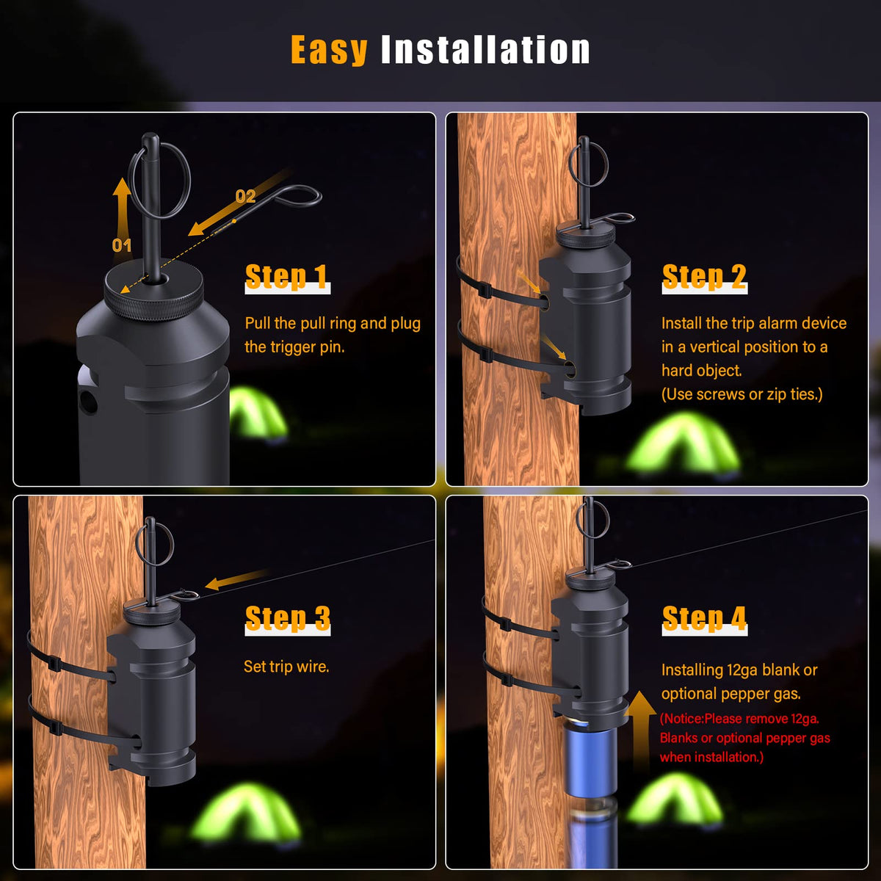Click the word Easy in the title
pyautogui.click(x=329, y=51)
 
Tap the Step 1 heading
pyautogui.click(x=287, y=277)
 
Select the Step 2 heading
pyautogui.click(x=705, y=277)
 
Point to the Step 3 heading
pyautogui.click(x=288, y=619)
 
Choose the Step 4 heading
pyautogui.click(x=705, y=619)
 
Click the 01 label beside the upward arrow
pyautogui.click(x=122, y=245)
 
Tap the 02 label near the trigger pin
pyautogui.click(x=245, y=196)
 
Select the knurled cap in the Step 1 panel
pyautogui.click(x=153, y=293)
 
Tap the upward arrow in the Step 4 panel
pyautogui.click(x=640, y=730)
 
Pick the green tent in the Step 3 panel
pyautogui.click(x=245, y=812)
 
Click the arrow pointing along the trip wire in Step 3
pyautogui.click(x=236, y=579)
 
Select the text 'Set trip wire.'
pyautogui.click(x=286, y=667)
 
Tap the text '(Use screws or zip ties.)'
pyautogui.click(x=742, y=394)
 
